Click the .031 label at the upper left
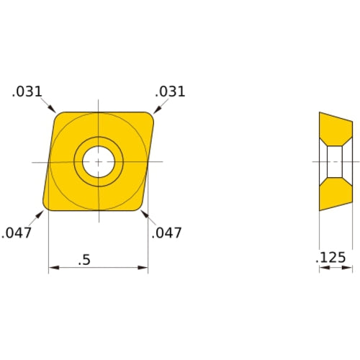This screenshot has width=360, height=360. coord(27,91)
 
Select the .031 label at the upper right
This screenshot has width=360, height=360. coord(170,91)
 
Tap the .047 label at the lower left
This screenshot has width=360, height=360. coord(16,233)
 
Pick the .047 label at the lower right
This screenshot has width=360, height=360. coord(167,233)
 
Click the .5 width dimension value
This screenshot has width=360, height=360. coord(85,260)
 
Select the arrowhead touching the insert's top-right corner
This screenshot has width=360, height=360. coord(154,109)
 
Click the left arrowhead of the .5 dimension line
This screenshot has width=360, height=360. coord(53,269)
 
